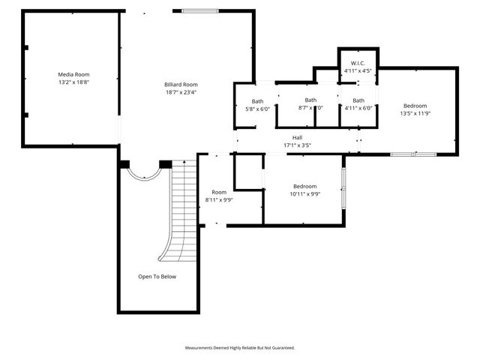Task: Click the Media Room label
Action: click(x=73, y=75)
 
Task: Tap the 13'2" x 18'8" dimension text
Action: click(x=73, y=82)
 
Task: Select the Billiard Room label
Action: click(x=181, y=85)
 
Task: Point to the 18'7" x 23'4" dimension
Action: click(x=181, y=93)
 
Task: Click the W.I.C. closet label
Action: click(x=358, y=63)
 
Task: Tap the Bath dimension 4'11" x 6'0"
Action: click(x=358, y=109)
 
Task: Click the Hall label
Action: click(x=297, y=137)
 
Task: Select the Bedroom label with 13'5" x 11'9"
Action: click(x=415, y=106)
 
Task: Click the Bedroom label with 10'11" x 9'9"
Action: click(x=304, y=186)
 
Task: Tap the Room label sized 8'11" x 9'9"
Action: click(x=219, y=192)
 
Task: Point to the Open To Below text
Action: click(x=157, y=277)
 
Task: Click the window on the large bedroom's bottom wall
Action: click(x=413, y=154)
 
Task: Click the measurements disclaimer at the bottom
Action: click(x=240, y=348)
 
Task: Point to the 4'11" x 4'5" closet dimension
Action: click(x=358, y=70)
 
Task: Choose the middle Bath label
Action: click(x=310, y=100)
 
